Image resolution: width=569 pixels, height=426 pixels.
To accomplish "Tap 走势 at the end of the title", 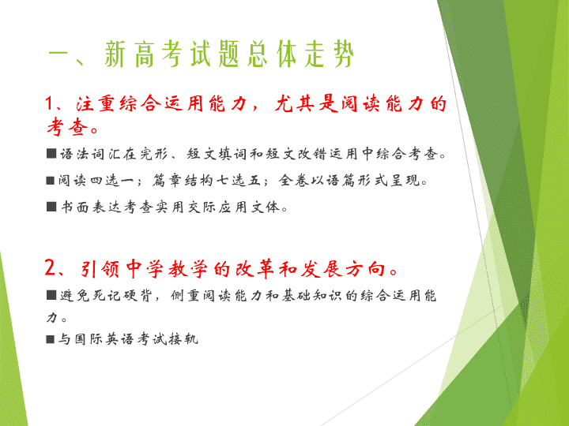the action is tap(329, 54).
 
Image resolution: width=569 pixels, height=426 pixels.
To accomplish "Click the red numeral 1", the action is tap(49, 103).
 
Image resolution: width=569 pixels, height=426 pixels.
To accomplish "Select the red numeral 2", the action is tap(50, 268).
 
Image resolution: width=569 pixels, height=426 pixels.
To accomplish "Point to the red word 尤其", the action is tap(295, 103).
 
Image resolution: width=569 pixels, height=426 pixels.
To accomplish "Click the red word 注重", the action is tap(96, 103).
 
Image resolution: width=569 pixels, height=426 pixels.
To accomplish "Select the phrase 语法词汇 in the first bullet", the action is tap(90, 154).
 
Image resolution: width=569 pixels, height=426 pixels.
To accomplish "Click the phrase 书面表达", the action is tap(90, 207).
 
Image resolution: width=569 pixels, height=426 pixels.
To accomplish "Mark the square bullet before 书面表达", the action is tap(51, 207).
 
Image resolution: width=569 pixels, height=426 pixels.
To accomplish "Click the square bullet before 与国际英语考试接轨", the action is tap(51, 339).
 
